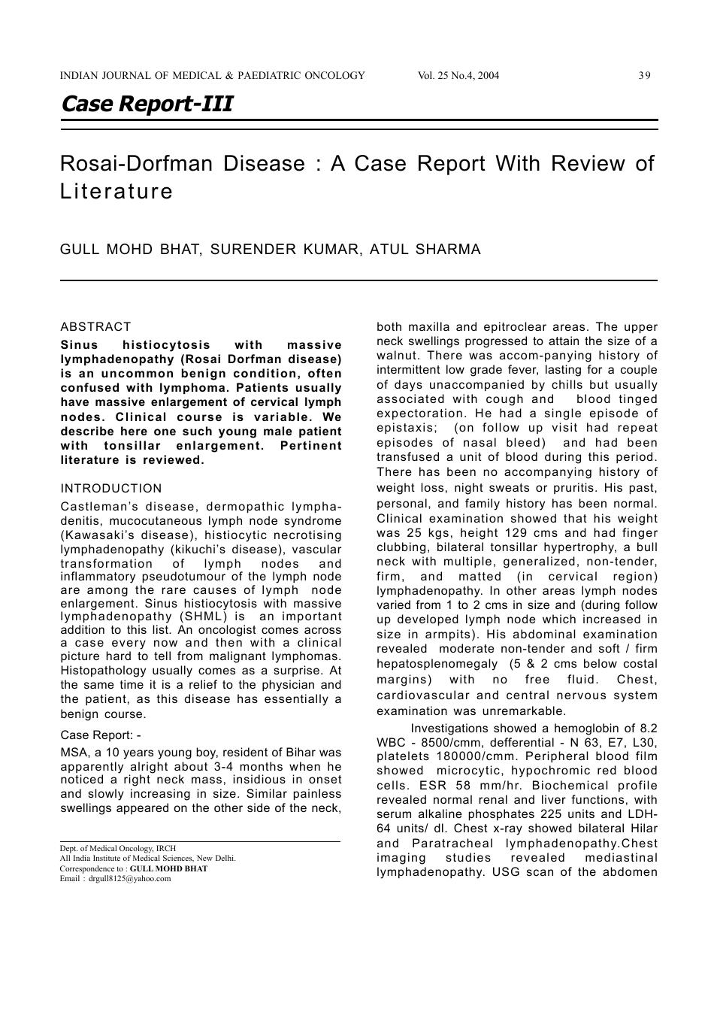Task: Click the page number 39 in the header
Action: (x=644, y=75)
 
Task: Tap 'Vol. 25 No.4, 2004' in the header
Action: (x=458, y=75)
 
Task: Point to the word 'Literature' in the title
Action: (x=116, y=191)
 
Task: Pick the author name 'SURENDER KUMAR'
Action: (x=285, y=249)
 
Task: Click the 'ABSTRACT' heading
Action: (x=95, y=326)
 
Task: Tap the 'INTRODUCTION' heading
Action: (x=111, y=489)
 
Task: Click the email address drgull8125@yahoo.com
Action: (x=129, y=878)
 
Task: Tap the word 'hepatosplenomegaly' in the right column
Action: (x=437, y=664)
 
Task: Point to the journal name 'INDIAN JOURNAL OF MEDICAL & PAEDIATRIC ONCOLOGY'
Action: (x=213, y=75)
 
